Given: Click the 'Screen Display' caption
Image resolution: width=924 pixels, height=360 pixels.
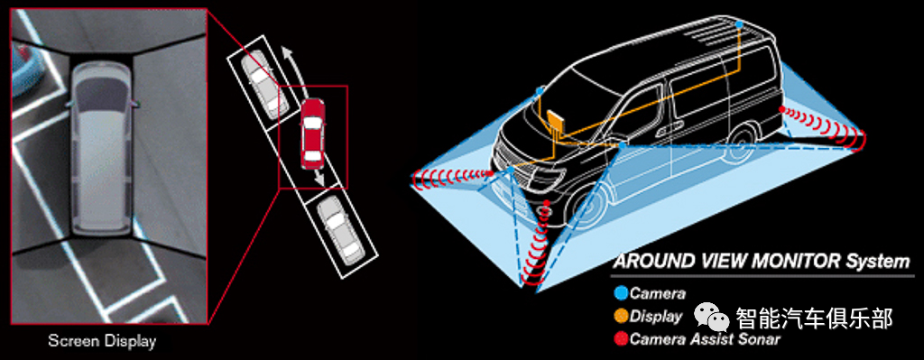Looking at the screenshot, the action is click(102, 340).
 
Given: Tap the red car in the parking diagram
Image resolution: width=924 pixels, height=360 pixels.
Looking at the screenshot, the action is click(312, 133).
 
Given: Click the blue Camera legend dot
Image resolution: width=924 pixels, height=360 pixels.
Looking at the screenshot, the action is click(621, 292).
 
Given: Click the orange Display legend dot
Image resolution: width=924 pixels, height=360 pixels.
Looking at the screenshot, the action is click(621, 316).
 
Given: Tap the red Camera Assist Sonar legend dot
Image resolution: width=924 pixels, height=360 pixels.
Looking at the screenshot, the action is click(621, 338).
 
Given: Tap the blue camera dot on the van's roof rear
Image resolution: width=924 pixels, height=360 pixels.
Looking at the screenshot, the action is click(740, 24).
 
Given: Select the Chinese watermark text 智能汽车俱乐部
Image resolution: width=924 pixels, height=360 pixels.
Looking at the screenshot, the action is click(814, 318).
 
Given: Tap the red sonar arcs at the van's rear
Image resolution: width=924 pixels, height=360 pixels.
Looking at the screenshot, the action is click(824, 126).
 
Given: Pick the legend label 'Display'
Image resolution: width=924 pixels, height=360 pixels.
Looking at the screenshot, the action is click(655, 317).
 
